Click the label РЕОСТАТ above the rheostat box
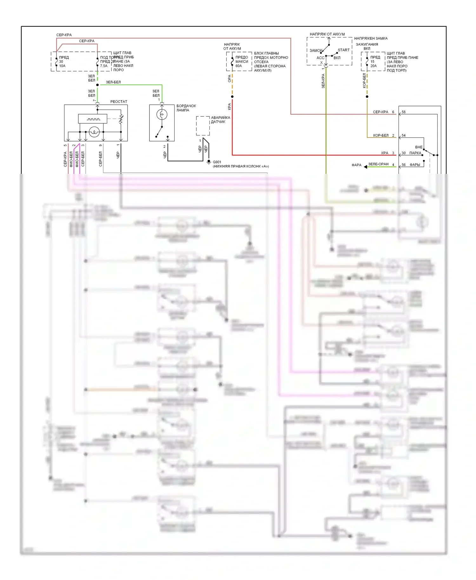point(119,102)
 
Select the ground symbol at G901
point(208,162)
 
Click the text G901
point(217,162)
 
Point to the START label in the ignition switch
point(343,50)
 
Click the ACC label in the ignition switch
point(320,58)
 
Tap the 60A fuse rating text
point(239,66)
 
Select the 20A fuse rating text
point(374,66)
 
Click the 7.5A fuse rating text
point(104,66)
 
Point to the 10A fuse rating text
point(62,66)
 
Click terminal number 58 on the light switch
point(404,112)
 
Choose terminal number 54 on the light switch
point(404,135)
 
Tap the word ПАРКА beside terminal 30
point(415,153)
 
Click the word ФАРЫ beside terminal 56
point(415,165)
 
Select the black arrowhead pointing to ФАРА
point(366,167)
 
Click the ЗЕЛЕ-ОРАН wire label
point(378,164)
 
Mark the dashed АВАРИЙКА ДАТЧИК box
point(203,126)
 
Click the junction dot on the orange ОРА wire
point(232,96)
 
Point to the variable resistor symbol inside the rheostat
point(121,120)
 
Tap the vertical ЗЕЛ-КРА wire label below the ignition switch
point(323,81)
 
